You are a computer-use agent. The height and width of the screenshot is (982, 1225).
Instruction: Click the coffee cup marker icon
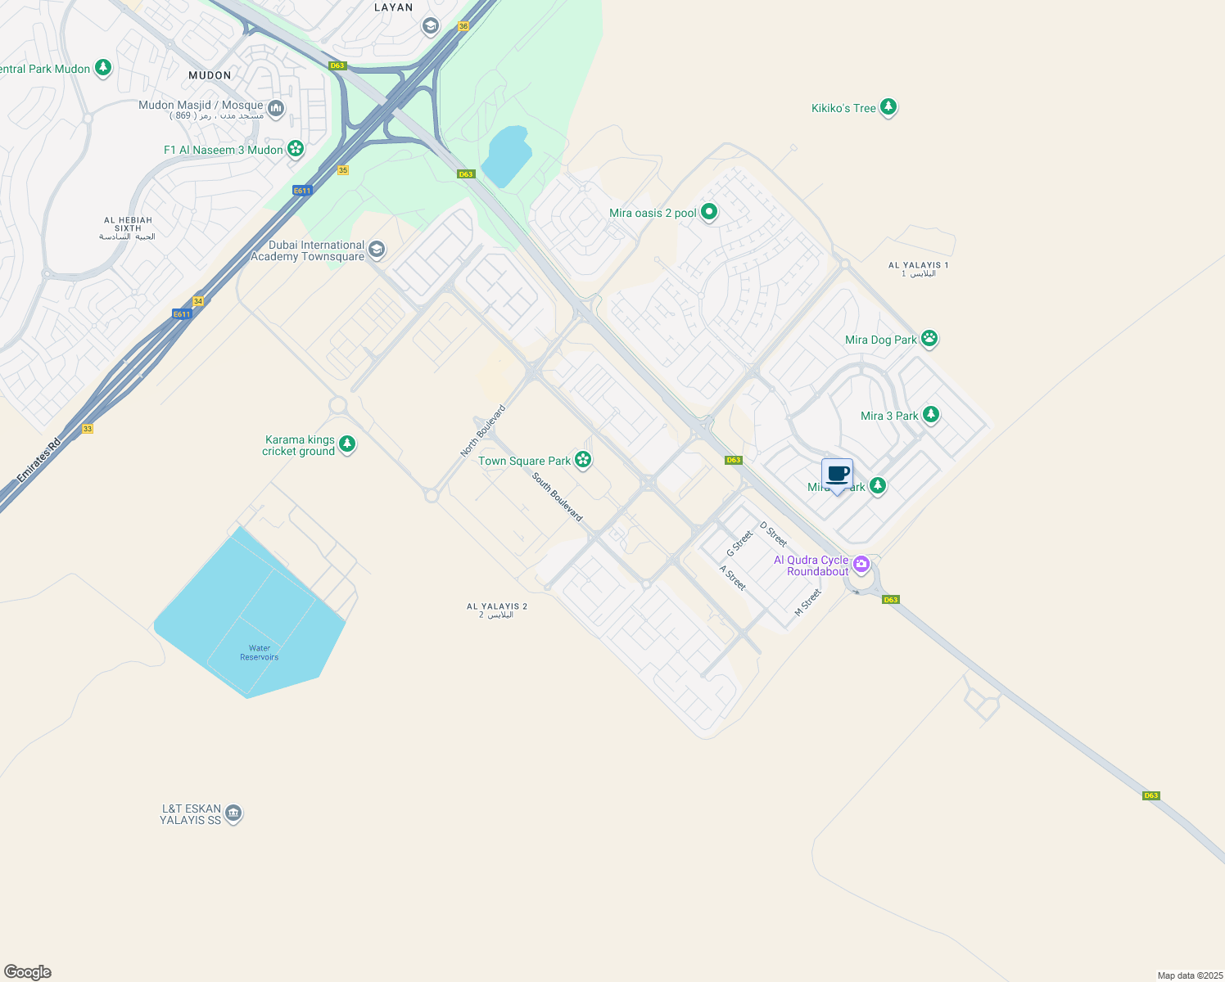click(837, 474)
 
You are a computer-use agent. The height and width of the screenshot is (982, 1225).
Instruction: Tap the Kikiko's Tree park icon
click(888, 107)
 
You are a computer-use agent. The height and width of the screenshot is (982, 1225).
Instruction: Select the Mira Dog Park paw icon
click(929, 338)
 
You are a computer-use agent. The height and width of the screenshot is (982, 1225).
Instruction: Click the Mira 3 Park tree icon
click(930, 415)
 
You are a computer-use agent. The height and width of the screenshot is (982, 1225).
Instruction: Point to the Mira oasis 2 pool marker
click(709, 212)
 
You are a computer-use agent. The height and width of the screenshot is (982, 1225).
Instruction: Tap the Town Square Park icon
click(583, 460)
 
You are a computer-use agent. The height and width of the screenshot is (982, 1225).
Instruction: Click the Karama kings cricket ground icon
click(347, 444)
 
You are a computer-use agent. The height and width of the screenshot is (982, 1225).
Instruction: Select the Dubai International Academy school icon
click(377, 249)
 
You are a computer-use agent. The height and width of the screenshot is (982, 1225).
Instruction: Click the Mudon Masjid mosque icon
click(276, 108)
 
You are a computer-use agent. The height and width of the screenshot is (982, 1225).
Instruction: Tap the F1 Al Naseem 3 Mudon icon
click(296, 149)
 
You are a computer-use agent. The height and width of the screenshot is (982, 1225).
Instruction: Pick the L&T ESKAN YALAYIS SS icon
click(233, 813)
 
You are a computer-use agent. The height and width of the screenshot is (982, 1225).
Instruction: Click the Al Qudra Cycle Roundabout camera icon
click(861, 564)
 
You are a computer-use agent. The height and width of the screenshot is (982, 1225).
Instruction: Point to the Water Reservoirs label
click(259, 652)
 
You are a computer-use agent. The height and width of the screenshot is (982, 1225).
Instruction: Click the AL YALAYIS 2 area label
click(497, 610)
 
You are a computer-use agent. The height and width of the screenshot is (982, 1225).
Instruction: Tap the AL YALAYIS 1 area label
click(918, 269)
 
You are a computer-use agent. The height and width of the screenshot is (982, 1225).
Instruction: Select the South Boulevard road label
click(557, 497)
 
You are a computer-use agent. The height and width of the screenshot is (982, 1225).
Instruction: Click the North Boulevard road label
click(482, 431)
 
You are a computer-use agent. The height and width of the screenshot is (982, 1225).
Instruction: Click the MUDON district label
click(210, 75)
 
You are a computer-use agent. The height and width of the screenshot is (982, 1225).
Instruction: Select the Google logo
click(28, 972)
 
